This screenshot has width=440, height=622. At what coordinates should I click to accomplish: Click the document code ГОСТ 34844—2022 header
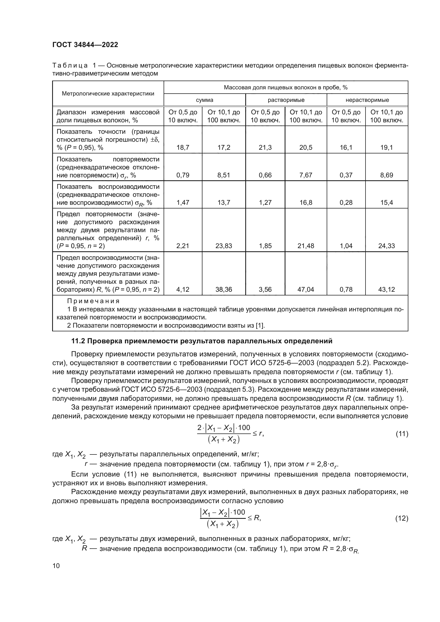coord(85,45)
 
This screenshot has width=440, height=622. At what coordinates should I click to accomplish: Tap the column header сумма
coord(205,100)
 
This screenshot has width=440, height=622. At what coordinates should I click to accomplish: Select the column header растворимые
coord(286,100)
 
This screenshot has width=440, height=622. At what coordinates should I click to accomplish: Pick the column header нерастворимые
coord(367,100)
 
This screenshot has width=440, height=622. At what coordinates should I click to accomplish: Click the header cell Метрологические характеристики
coord(108,94)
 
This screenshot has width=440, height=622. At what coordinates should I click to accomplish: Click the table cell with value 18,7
coord(183,148)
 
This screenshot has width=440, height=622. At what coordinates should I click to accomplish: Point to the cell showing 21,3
coord(265,148)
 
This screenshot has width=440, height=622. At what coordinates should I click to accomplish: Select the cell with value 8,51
coord(223,175)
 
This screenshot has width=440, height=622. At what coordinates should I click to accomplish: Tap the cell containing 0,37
coord(346,175)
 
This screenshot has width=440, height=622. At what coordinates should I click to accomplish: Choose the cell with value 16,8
coord(306,203)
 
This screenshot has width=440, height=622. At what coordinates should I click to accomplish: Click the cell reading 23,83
coord(223,246)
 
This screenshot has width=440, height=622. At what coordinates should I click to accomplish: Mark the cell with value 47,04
coord(306,290)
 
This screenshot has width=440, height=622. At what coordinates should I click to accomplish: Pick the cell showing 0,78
coord(346,290)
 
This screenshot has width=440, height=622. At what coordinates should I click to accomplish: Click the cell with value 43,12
coord(386,290)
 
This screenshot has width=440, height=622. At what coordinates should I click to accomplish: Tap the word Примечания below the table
coord(93,301)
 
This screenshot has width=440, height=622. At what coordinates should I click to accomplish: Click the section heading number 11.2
coord(78,341)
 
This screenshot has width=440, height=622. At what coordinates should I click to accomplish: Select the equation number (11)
coord(402,434)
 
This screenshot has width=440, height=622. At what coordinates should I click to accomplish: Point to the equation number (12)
coord(402,518)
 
